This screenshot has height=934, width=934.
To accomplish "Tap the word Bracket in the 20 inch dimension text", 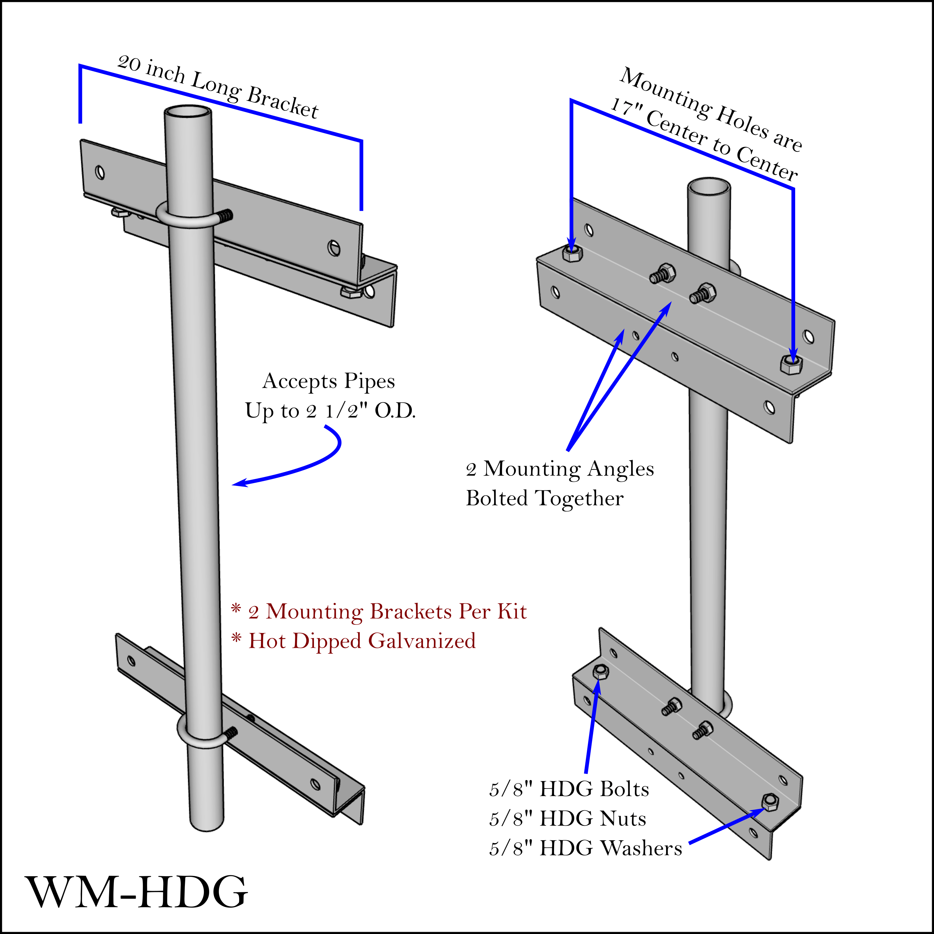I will coord(283,103).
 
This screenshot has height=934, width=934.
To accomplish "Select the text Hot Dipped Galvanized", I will coord(362,641).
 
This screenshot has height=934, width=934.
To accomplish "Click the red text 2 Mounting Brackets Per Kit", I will coord(387,612).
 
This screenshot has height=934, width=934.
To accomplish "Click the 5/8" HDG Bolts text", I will coord(569,789).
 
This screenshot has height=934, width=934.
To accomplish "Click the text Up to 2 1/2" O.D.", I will coord(330,411).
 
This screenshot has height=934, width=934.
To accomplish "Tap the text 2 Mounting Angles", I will coord(559,469).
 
